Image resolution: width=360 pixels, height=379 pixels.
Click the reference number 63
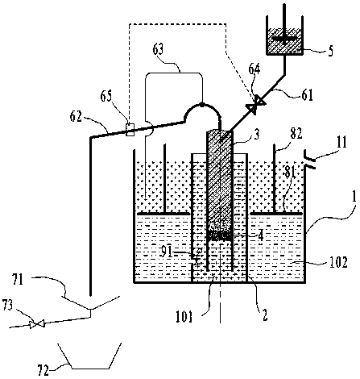(158, 50)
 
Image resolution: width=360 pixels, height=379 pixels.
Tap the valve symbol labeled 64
(256, 103)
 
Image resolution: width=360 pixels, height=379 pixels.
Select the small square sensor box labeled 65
(130, 129)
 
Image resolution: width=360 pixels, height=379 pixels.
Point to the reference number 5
(330, 51)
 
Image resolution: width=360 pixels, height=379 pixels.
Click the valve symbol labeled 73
(37, 324)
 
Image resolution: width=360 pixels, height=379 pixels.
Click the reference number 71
(18, 280)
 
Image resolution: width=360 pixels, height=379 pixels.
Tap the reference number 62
(76, 117)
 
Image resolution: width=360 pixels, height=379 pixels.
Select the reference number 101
(184, 316)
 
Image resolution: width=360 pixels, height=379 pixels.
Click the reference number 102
(339, 262)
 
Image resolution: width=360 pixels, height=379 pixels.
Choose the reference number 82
(296, 134)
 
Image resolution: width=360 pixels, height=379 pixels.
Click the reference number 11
(341, 143)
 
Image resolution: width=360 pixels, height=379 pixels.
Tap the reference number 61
(307, 95)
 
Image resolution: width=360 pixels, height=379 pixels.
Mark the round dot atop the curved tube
(202, 104)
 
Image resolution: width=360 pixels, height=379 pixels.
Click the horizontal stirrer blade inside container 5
(285, 39)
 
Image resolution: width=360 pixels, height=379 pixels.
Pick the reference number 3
(257, 135)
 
